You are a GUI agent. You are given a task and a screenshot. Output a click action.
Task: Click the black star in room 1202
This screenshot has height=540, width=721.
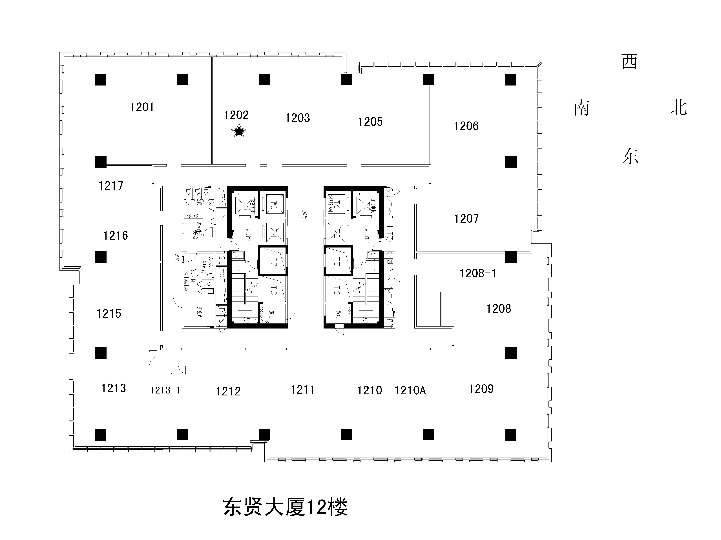[x=239, y=132]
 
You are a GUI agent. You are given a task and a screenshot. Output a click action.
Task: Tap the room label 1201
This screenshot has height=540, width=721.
[x=142, y=107]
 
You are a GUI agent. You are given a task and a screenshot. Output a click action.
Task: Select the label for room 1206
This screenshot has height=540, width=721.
[x=466, y=126]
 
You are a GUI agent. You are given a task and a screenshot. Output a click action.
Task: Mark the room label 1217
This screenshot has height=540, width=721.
[x=111, y=186]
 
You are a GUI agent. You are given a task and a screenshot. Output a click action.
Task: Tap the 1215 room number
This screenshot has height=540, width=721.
[x=109, y=314]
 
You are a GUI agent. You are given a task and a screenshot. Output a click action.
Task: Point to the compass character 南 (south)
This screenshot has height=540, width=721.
[x=582, y=108]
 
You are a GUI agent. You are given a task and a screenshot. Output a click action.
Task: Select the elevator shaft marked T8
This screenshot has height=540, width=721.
[x=273, y=290]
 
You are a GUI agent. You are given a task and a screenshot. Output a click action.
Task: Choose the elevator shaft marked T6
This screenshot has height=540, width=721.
[x=337, y=290]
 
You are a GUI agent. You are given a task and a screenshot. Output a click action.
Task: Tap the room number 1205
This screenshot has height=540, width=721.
[x=370, y=122]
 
